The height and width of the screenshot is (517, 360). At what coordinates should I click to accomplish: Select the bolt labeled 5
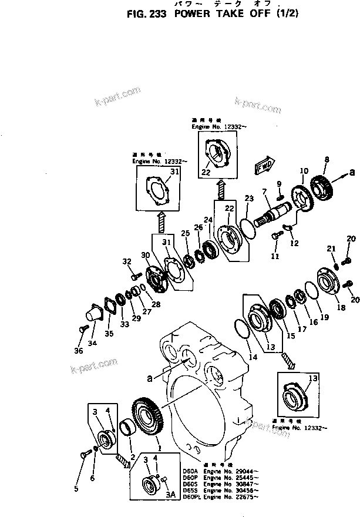click(x=84, y=453)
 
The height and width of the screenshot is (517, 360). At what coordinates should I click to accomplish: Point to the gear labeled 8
click(x=322, y=184)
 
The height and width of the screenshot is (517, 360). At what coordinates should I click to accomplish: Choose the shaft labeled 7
click(x=272, y=213)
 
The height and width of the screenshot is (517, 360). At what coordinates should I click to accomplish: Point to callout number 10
click(x=304, y=172)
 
